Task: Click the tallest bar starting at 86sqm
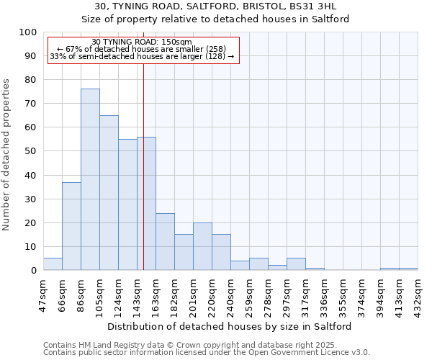[90, 179]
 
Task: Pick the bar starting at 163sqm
[165, 241]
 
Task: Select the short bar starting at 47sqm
[53, 264]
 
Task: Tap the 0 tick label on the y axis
[33, 270]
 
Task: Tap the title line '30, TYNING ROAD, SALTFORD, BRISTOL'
[215, 6]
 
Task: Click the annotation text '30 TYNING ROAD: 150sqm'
[143, 42]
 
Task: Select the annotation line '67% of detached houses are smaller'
[143, 49]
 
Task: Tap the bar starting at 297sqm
[296, 264]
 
